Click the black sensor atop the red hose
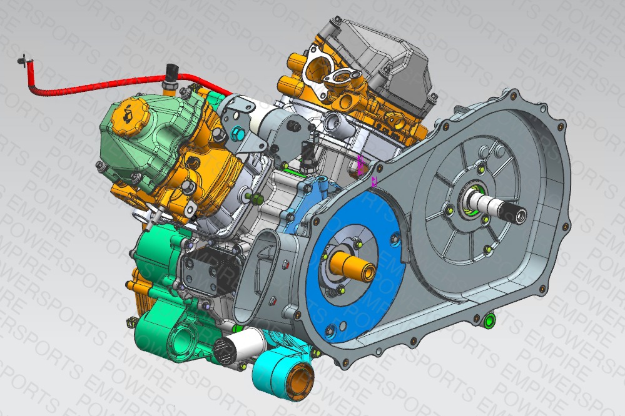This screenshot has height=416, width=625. point(172,73)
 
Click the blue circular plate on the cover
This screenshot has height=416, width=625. point(355,267)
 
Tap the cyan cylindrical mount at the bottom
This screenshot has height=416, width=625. point(283,375)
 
